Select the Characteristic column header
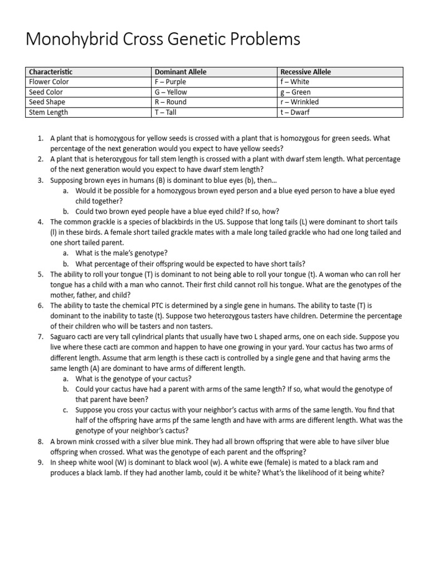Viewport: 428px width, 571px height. pos(51,72)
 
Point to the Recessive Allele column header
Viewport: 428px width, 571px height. pos(305,72)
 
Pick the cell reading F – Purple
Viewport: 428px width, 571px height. pos(171,82)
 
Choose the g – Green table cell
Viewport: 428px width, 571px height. pos(295,92)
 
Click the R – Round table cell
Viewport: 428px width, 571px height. pos(171,102)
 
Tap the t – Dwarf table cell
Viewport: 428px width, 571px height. pos(295,112)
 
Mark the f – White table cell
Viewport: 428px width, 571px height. pos(295,82)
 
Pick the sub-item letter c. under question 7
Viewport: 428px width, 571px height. pos(66,410)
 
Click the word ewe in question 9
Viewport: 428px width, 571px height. pos(218,462)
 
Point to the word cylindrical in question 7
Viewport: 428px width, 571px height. pos(153,337)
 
